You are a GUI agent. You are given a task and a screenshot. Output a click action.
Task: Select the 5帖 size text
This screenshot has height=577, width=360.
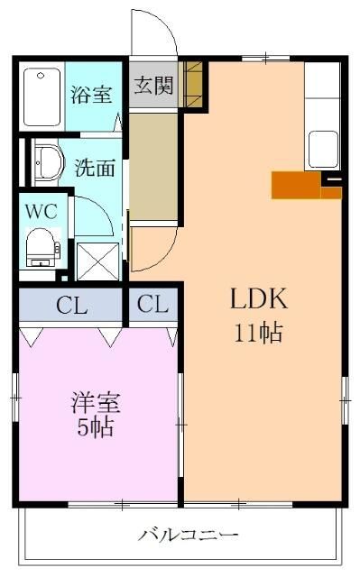tap(95, 427)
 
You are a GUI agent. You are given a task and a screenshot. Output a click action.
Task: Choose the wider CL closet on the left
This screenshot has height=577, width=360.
tap(71, 305)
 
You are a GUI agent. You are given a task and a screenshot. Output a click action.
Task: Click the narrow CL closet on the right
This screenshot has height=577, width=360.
tap(153, 305)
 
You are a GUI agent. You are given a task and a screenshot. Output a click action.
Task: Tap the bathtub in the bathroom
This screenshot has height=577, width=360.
tap(40, 96)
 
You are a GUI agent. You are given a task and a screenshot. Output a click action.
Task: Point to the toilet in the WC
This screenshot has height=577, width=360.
tap(40, 245)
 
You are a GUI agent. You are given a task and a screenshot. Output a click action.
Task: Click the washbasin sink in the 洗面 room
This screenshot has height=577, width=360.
tap(48, 164)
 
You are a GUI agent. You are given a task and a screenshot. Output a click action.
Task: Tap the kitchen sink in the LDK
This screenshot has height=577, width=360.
tap(322, 144)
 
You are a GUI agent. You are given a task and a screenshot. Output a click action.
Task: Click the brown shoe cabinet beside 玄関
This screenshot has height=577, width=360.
tap(192, 85)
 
